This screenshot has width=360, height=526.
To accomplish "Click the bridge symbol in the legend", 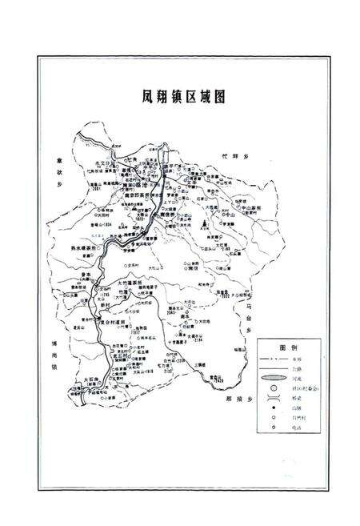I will pos(273,397).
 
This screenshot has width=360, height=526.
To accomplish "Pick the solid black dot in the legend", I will pos(273,417).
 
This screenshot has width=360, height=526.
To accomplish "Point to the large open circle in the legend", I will pos(273,387).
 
